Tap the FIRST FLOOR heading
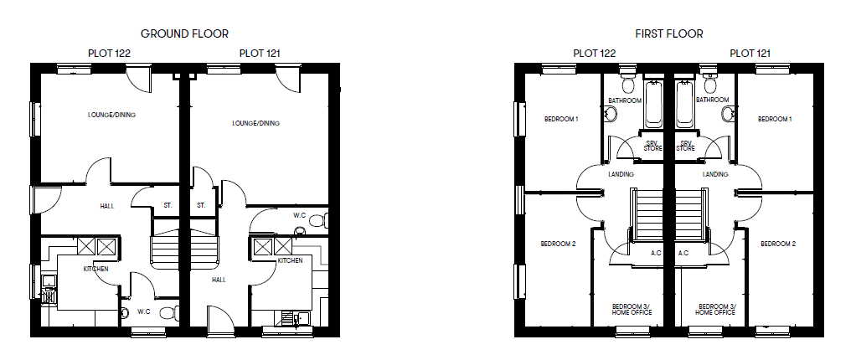click(668, 33)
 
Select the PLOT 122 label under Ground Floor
click(109, 53)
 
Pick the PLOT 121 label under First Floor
click(750, 53)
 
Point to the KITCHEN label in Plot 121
click(290, 261)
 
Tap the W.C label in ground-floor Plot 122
click(143, 311)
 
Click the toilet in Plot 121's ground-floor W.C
click(315, 221)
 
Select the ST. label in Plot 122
click(168, 205)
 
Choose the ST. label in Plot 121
click(201, 205)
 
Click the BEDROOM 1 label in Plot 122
click(561, 119)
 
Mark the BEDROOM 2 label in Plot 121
click(777, 244)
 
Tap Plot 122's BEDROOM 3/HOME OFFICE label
click(632, 309)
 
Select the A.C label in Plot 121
click(683, 253)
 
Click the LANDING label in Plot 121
click(715, 174)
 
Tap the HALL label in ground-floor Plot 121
click(219, 280)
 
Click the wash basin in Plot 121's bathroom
click(728, 114)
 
